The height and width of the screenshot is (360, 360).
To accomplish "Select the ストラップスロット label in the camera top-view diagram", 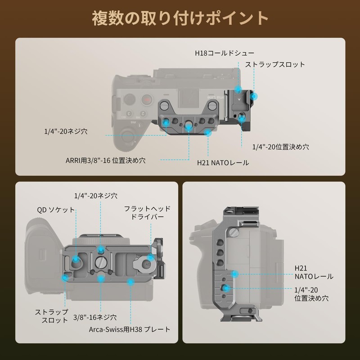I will coord(275,65).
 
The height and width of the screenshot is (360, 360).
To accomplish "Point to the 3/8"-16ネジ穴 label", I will coord(94,317).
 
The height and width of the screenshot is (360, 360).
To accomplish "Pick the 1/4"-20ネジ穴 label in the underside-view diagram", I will coord(96,196).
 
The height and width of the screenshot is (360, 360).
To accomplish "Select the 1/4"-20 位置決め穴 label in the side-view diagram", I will coord(311,293).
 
